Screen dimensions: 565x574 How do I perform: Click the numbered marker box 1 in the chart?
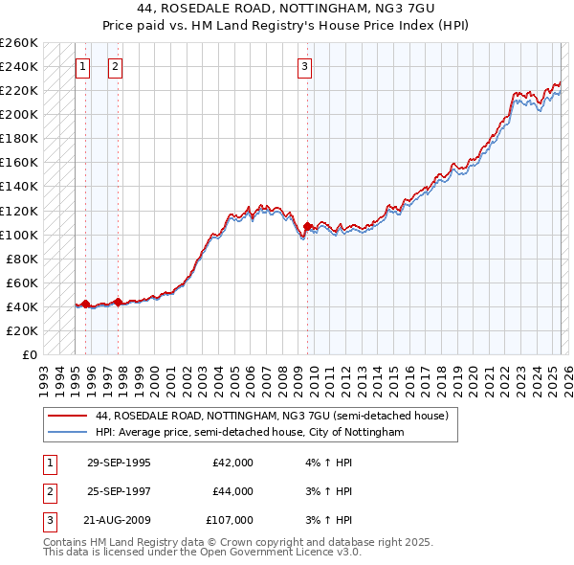pos(82,66)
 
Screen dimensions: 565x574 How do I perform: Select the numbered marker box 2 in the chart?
pos(115,66)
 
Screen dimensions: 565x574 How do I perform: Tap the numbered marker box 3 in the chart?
pos(304,66)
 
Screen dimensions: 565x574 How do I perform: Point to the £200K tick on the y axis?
pos(19,114)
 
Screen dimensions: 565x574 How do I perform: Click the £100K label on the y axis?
pos(19,235)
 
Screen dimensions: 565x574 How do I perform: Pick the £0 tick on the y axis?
pos(31,354)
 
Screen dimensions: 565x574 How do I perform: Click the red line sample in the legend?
pos(67,416)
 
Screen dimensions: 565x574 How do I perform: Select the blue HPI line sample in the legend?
pos(67,433)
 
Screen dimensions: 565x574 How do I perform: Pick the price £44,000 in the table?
pos(232,491)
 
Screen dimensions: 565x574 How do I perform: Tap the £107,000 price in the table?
pos(230,520)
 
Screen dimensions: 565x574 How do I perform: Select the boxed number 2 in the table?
pos(49,491)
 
